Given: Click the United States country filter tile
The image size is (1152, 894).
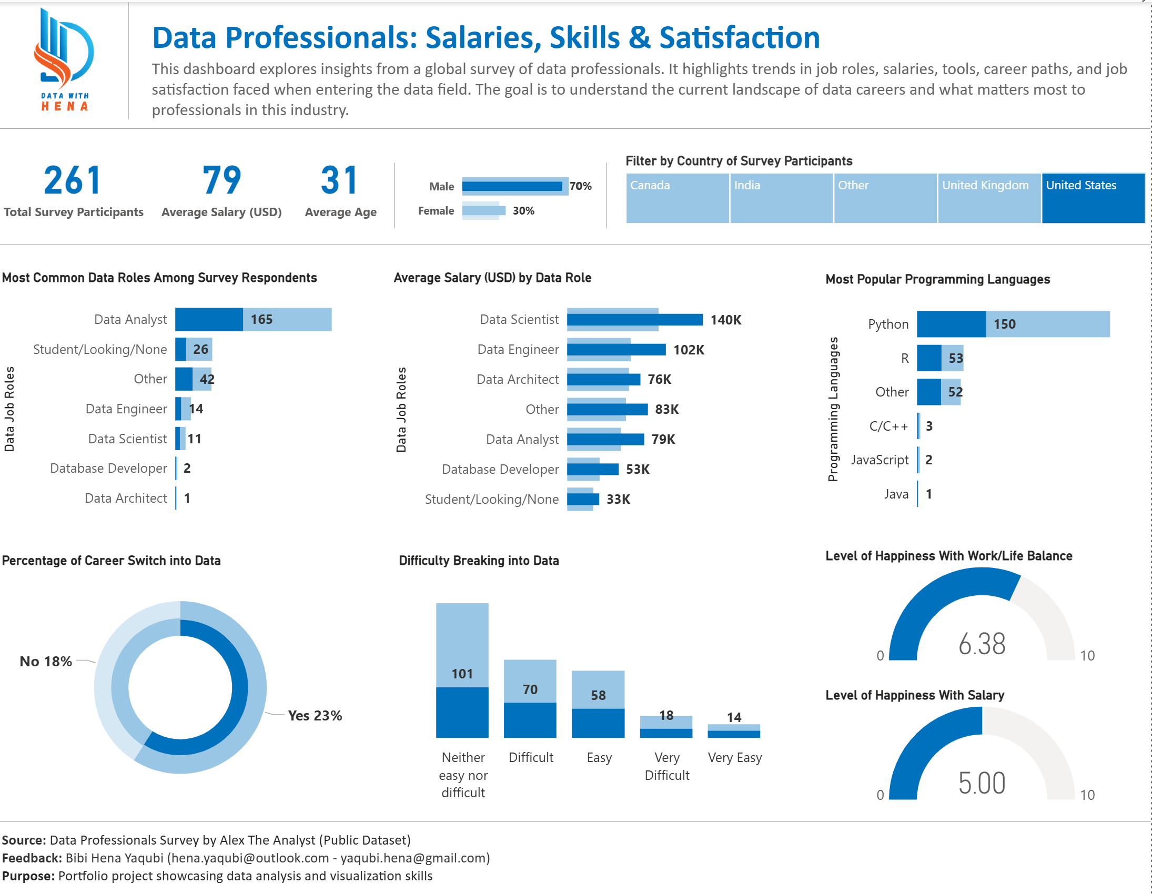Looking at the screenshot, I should click(x=1093, y=198).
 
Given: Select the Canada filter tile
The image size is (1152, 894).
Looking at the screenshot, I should click(x=678, y=198).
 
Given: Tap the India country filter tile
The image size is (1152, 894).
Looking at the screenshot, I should click(x=781, y=198).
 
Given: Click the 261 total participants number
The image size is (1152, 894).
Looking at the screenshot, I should click(x=72, y=180).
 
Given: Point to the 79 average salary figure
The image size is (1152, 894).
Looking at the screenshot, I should click(x=221, y=180).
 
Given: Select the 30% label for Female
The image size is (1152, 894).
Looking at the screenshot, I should click(x=523, y=211).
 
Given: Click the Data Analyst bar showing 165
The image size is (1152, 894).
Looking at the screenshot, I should click(x=253, y=320).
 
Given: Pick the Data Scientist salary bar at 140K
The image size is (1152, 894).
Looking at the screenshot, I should click(x=634, y=320).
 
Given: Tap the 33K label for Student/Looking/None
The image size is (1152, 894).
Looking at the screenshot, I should click(x=618, y=500).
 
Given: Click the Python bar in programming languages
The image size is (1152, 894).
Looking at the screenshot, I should click(x=1013, y=324).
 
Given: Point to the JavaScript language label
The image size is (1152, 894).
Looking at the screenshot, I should click(x=880, y=460).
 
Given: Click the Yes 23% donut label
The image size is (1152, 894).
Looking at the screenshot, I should click(x=315, y=716).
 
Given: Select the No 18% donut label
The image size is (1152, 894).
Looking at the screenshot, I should click(x=46, y=662).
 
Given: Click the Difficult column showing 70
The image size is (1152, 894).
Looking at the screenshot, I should click(x=530, y=699).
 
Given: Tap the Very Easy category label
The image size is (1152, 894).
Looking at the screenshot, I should click(x=734, y=758).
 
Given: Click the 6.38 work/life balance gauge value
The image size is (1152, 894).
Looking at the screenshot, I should click(x=982, y=644).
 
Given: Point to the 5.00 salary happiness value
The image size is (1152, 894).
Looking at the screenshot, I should click(x=982, y=783).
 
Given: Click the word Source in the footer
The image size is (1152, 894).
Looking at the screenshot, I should click(x=23, y=840).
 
